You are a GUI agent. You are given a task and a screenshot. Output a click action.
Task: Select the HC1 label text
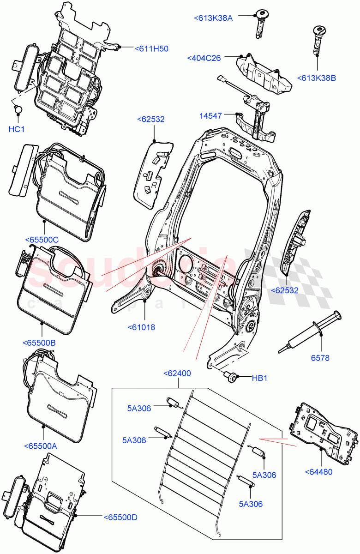(x=16, y=129)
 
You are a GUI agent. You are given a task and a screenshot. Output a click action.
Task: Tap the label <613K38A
(x=213, y=18)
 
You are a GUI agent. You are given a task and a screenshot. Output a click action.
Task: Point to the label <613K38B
(x=317, y=78)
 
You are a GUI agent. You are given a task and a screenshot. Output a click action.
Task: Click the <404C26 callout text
(x=204, y=58)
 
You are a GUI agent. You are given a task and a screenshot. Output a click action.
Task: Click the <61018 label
(x=141, y=327)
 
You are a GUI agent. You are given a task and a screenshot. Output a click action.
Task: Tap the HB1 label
(x=260, y=378)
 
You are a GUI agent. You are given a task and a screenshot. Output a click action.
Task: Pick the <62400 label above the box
(x=177, y=373)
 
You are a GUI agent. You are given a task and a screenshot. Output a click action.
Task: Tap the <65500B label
(x=39, y=343)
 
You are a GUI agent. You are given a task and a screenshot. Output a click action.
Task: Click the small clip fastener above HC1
(x=18, y=110)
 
